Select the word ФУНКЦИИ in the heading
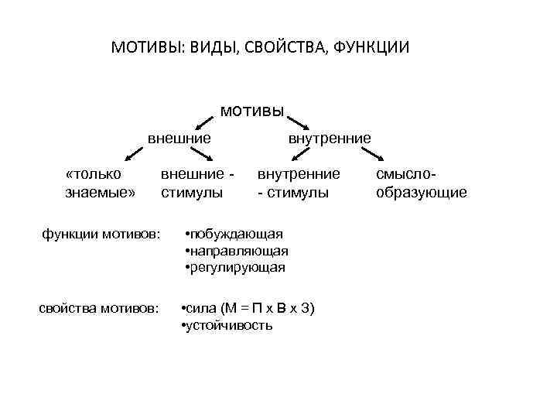(x=371, y=48)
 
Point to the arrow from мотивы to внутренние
(x=299, y=122)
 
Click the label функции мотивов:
(x=101, y=234)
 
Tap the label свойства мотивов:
(x=98, y=308)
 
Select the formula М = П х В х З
(x=268, y=308)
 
